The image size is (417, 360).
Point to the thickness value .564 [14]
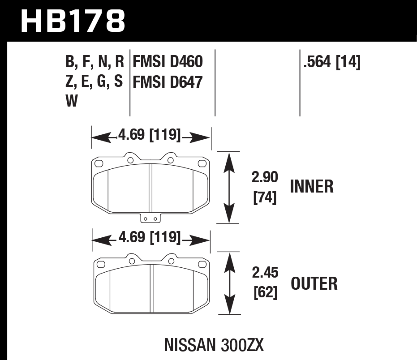[332, 62]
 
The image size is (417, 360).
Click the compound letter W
[72, 102]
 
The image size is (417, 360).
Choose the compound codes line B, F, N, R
[94, 62]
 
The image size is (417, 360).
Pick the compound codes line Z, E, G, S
[94, 82]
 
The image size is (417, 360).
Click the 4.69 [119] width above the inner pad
[150, 134]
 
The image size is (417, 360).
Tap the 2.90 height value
[265, 177]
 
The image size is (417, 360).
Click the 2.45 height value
[265, 273]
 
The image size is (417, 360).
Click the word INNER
[312, 187]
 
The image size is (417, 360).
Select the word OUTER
[314, 283]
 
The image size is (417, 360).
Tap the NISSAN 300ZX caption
[214, 345]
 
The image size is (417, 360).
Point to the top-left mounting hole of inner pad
[130, 160]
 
